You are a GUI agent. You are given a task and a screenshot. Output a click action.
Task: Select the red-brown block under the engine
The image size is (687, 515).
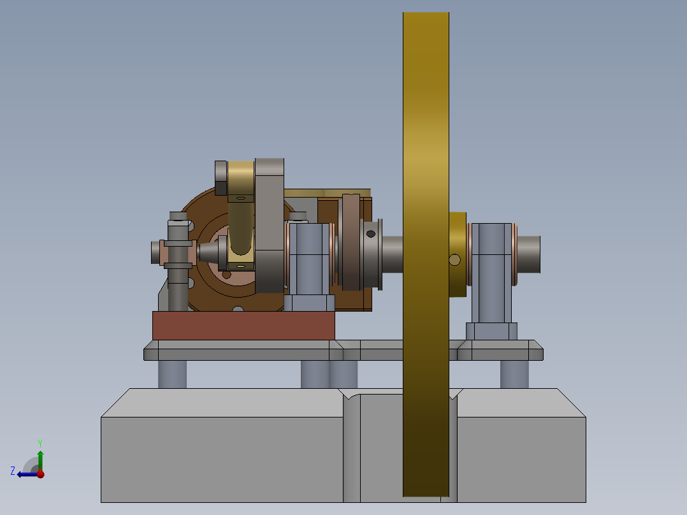pyautogui.click(x=243, y=325)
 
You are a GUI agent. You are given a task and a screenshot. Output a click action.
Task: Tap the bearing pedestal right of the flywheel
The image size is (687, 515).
pyautogui.click(x=491, y=274)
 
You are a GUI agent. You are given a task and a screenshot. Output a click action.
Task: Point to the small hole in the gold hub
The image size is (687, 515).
pyautogui.click(x=454, y=259)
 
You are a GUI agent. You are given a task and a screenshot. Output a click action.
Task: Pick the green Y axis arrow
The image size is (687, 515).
pyautogui.click(x=40, y=459)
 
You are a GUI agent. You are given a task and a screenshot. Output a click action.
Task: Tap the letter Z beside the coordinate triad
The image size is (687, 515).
pyautogui.click(x=13, y=470)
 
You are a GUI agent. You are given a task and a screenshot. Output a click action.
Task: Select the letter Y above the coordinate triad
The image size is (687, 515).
pyautogui.click(x=40, y=442)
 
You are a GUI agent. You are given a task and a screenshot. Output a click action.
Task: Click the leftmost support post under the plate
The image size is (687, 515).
pyautogui.click(x=172, y=374)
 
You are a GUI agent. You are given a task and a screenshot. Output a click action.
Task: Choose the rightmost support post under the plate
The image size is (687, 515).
pyautogui.click(x=514, y=374)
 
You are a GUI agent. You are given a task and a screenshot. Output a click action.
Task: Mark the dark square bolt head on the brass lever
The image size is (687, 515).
pyautogui.click(x=221, y=178)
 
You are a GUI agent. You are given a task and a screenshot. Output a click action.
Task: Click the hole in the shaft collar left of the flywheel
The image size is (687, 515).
pyautogui.click(x=370, y=234)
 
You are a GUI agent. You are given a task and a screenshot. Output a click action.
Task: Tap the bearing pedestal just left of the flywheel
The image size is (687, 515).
pyautogui.click(x=309, y=261)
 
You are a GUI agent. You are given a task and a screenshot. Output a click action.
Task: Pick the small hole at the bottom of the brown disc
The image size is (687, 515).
pyautogui.click(x=238, y=310)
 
